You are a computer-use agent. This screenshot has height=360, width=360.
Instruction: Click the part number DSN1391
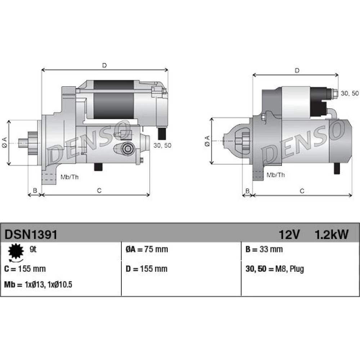tap(31, 235)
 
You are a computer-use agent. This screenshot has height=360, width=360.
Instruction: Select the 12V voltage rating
tap(289, 235)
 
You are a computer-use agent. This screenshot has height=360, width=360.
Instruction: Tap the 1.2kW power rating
tap(332, 235)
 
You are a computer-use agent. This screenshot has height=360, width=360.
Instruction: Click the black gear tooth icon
tap(16, 251)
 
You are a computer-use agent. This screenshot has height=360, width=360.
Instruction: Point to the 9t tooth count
tap(33, 249)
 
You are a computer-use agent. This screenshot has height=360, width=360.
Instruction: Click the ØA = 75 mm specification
tap(147, 249)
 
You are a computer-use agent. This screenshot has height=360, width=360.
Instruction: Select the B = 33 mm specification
tap(264, 249)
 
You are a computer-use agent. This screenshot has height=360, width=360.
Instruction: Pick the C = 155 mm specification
tap(25, 269)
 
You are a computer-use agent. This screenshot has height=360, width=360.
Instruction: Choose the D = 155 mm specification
tap(147, 269)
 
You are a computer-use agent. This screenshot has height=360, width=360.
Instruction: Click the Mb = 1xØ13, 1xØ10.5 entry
tap(38, 285)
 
